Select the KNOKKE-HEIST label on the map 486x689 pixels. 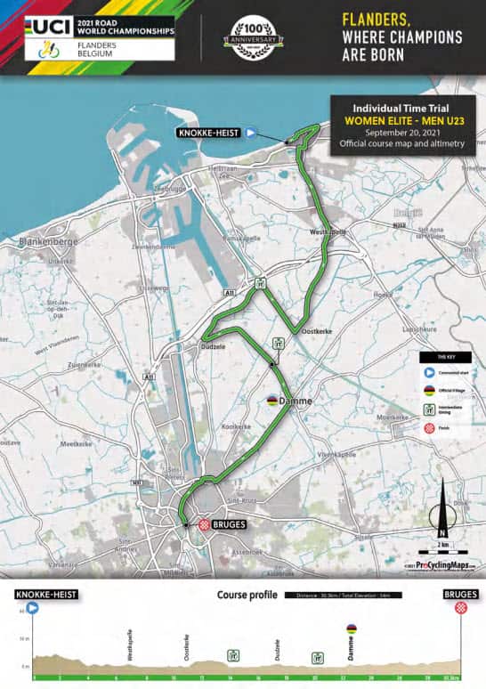[x=209, y=133]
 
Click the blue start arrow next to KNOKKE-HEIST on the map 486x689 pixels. [x=251, y=133]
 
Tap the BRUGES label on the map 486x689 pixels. [x=230, y=525]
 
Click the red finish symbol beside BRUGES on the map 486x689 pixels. [x=204, y=525]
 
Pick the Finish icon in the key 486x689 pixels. [x=428, y=428]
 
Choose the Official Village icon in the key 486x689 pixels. [x=428, y=390]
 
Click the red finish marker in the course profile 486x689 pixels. [x=460, y=608]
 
